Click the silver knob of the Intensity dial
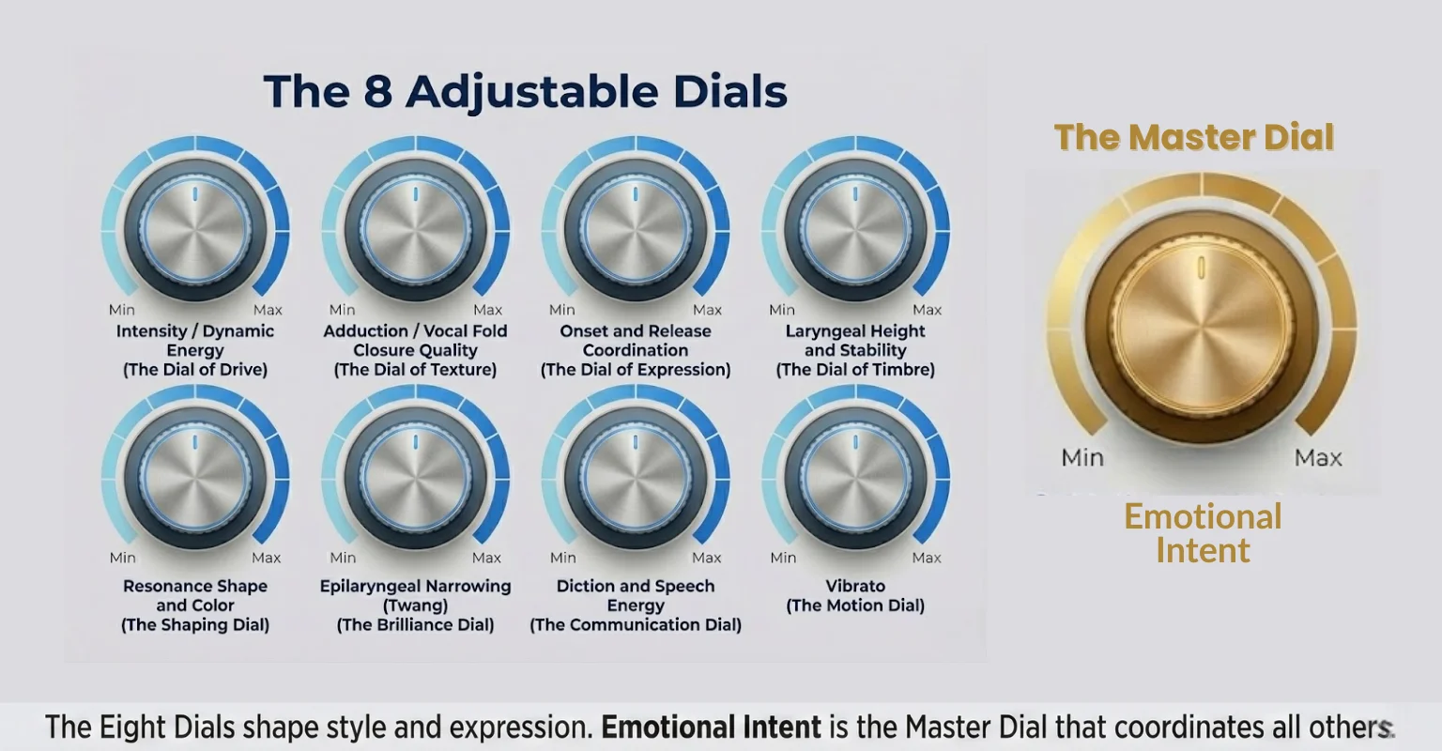[195, 230]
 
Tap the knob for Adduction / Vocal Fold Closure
[416, 230]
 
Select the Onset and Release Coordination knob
[636, 230]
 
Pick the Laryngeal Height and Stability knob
[855, 230]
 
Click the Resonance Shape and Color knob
[195, 477]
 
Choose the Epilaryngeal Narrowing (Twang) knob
[416, 477]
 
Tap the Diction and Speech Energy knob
[636, 477]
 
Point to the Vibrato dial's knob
[855, 477]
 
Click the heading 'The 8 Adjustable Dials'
[525, 92]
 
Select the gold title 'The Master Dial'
[1194, 137]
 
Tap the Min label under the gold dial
[1082, 457]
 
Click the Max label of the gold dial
[1318, 457]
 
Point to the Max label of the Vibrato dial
[926, 558]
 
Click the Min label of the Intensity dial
[122, 310]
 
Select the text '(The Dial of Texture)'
[415, 370]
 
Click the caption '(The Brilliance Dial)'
[415, 625]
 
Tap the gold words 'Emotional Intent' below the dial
[1203, 533]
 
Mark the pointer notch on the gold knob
[1201, 268]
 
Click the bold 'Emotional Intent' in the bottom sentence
[711, 728]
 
